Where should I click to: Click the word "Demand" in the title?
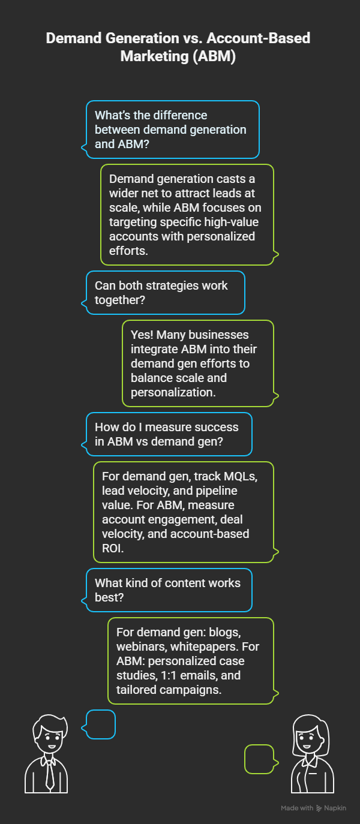click(74, 38)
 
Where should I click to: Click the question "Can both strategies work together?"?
click(161, 293)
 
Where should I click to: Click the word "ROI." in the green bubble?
click(113, 549)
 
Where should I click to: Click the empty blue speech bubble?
click(101, 724)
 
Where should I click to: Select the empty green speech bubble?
click(260, 759)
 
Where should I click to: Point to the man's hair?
click(50, 723)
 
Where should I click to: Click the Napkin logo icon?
click(319, 808)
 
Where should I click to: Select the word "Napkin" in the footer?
click(335, 808)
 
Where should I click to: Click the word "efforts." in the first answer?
click(128, 251)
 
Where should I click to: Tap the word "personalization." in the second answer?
click(173, 392)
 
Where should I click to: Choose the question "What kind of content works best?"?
click(167, 590)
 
